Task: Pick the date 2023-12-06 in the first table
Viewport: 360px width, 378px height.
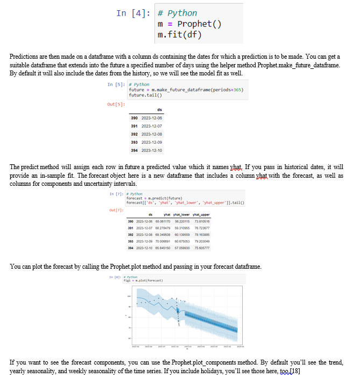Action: click(x=153, y=117)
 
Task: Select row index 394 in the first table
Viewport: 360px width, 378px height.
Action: click(x=136, y=150)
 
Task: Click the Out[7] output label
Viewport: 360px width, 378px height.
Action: click(x=116, y=210)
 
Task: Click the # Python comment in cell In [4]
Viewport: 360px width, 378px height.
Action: click(x=177, y=13)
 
